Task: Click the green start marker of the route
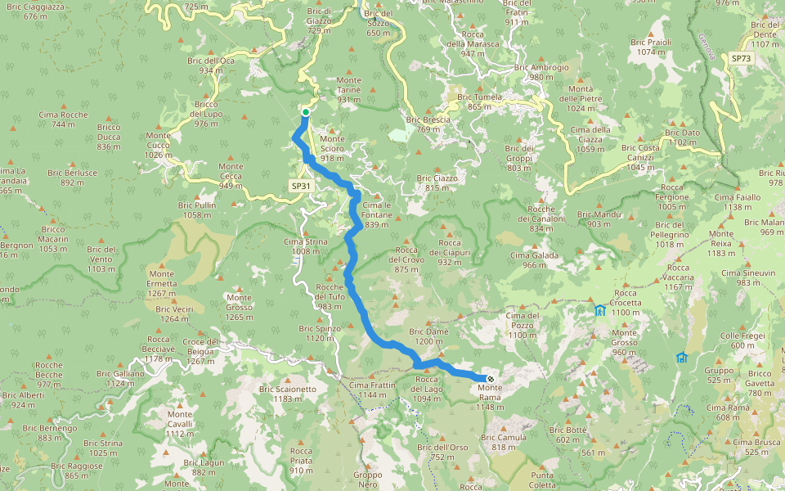pos(305,112)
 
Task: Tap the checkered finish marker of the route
pos(490,378)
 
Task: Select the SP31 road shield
pos(301,186)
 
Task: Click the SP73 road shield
pos(741,59)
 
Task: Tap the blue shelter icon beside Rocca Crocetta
pos(600,310)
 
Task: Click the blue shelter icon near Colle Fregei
pos(682,357)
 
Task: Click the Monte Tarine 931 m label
pos(348,89)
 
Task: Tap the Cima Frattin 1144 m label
pos(371,390)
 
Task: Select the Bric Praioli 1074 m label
pos(652,47)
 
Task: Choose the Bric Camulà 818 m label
pos(504,442)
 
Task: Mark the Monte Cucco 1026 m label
pos(158,145)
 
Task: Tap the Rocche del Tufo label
pos(330,296)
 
